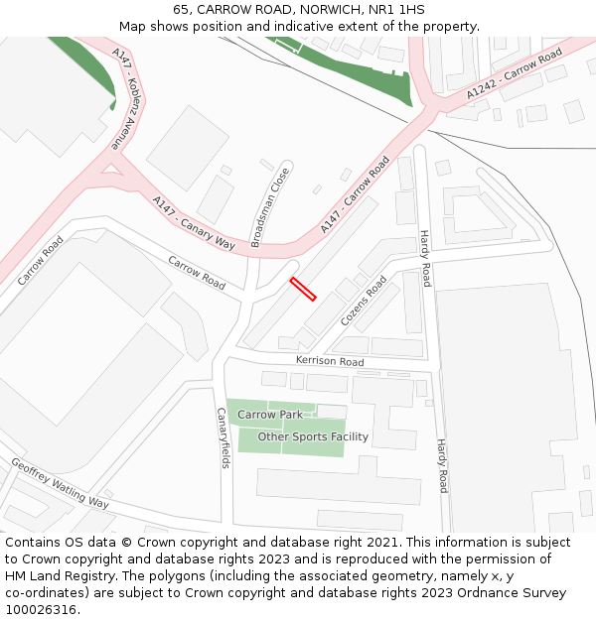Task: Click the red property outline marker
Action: [303, 289]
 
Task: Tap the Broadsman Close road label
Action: [270, 207]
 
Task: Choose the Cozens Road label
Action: [364, 301]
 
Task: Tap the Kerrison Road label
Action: [331, 361]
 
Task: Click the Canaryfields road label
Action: [223, 437]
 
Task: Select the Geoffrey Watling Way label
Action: [60, 482]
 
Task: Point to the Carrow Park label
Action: [269, 415]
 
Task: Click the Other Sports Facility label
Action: [313, 436]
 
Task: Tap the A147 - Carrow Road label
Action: [355, 194]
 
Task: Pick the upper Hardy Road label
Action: [424, 258]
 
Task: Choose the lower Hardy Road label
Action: [442, 466]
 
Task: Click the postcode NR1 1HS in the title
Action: [396, 9]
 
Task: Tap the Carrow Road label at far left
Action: [40, 260]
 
